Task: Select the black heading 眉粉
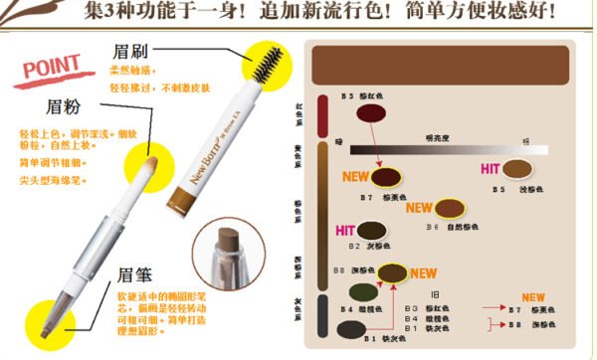(63, 106)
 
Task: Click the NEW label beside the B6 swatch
(419, 209)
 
